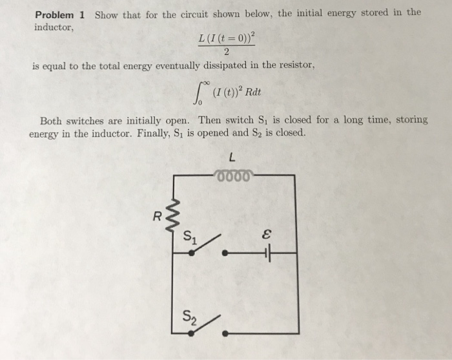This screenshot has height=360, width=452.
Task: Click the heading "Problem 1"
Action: (x=61, y=14)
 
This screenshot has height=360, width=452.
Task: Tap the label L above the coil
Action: (x=232, y=156)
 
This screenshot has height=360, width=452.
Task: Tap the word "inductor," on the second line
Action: (x=50, y=27)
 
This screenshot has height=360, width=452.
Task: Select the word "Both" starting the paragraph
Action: (x=51, y=121)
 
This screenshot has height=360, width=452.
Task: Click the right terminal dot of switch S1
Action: (x=224, y=253)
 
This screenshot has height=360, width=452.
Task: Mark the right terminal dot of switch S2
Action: (x=224, y=334)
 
